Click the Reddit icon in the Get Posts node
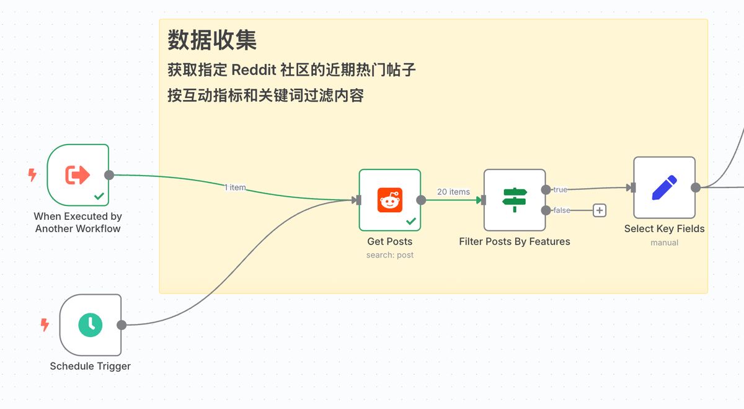click(x=390, y=200)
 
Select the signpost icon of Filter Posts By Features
click(x=515, y=200)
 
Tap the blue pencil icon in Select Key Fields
click(x=664, y=187)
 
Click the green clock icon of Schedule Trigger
click(x=91, y=325)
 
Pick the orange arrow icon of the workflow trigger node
click(x=78, y=175)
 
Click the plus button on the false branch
click(x=600, y=210)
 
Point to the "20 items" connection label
click(x=453, y=192)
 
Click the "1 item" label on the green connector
click(x=235, y=187)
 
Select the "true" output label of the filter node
click(x=560, y=189)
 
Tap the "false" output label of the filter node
click(x=562, y=210)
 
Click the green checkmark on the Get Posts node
click(x=410, y=221)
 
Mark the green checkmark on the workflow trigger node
click(x=99, y=196)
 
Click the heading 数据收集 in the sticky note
click(x=212, y=41)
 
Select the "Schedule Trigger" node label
click(x=91, y=366)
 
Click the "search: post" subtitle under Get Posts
click(x=390, y=255)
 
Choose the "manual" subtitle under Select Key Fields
click(x=664, y=243)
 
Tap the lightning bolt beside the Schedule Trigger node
click(x=45, y=324)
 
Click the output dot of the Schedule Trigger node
click(x=122, y=325)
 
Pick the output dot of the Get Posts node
click(x=421, y=200)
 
